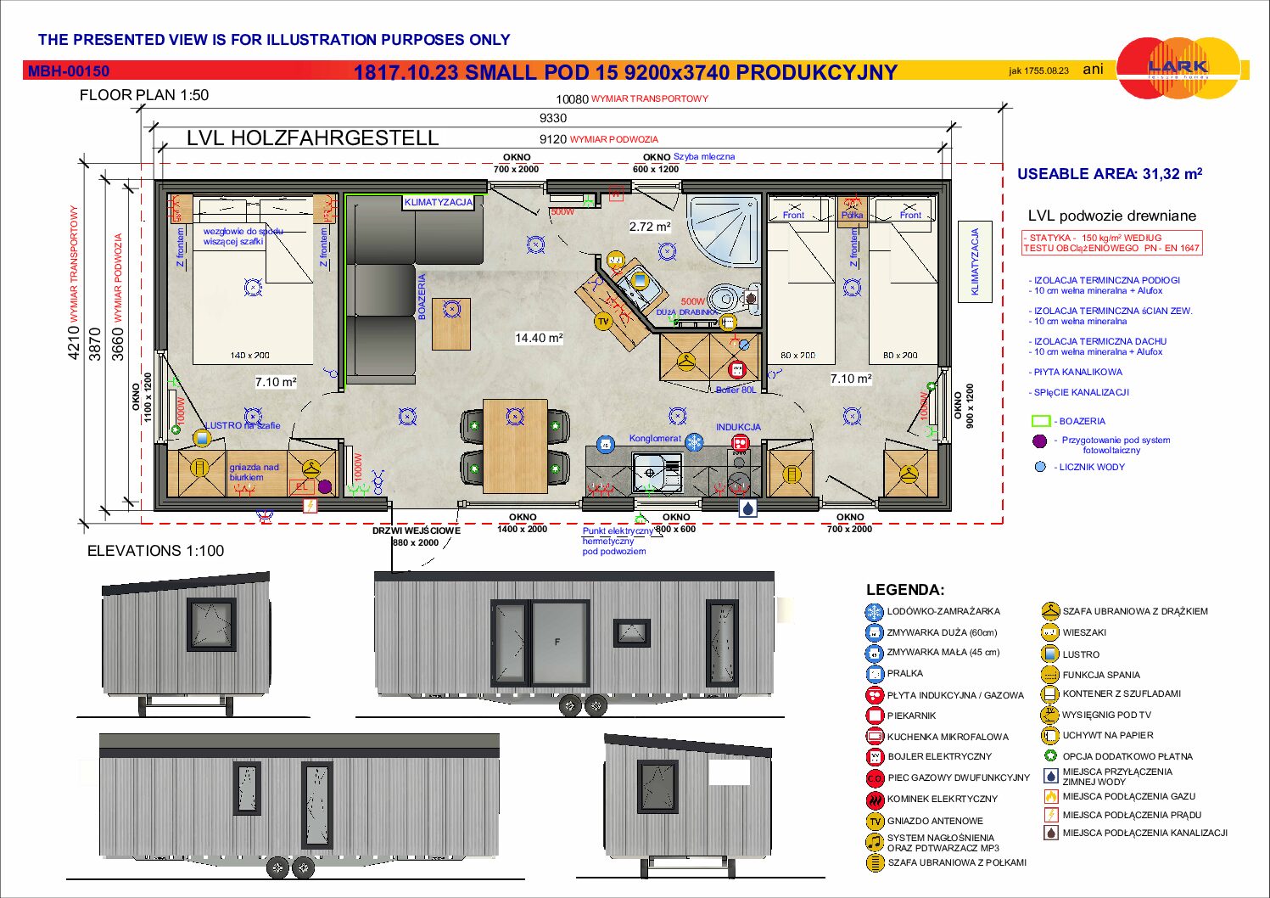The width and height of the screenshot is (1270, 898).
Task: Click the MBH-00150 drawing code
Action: coord(69,72)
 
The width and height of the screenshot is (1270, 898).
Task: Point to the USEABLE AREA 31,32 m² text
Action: coord(1110,174)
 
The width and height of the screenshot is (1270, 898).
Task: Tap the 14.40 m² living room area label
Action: coord(539,338)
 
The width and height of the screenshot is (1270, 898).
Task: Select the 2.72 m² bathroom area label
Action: coord(650,227)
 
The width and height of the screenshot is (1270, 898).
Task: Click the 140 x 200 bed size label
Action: coord(250,356)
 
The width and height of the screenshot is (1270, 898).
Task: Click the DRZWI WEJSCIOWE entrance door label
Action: coord(416,530)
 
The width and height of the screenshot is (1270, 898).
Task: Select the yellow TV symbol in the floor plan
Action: coord(603,322)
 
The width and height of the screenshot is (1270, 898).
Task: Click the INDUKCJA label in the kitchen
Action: coord(738,427)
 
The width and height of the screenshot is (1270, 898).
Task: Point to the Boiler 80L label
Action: coord(736,390)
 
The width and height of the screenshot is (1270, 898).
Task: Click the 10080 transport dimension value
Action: coord(572,99)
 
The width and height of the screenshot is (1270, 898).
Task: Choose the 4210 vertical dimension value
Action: coord(74,344)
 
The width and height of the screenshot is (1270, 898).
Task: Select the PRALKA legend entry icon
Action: coord(875,674)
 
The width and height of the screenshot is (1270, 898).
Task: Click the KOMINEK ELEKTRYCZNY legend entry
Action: coord(942,799)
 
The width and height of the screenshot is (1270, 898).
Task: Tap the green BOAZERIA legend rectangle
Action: coord(1041,421)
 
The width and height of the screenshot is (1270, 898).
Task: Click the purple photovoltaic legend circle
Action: coord(1039,441)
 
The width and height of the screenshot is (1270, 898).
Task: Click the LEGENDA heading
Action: coord(904,590)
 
